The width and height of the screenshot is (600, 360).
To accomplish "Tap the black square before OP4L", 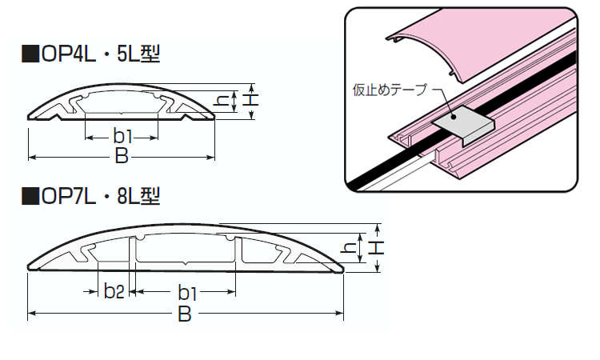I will [30, 55].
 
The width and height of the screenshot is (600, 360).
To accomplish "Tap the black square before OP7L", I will [30, 194].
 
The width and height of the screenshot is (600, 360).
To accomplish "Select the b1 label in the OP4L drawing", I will [122, 134].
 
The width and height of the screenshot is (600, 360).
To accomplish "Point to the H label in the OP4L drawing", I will [251, 101].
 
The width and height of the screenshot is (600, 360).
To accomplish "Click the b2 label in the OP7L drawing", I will [114, 290].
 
